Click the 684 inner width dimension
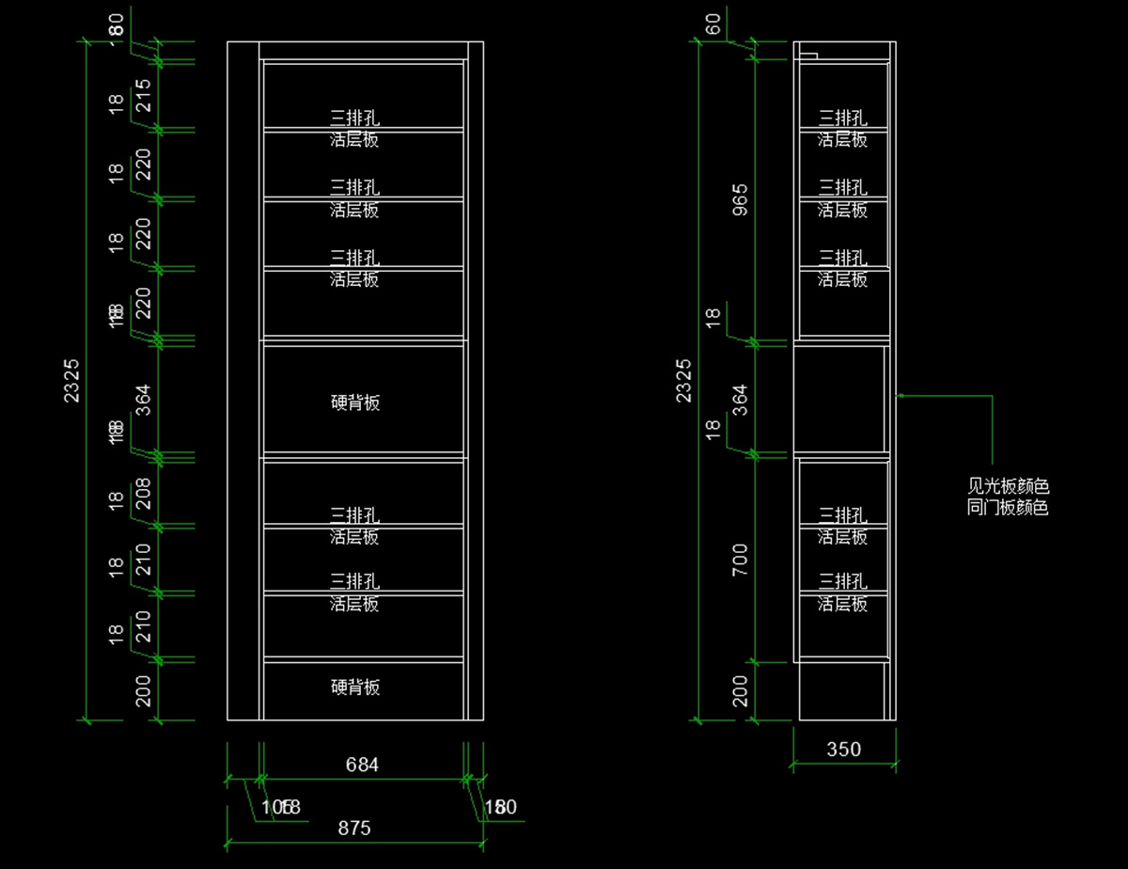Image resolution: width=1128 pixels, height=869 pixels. tap(362, 765)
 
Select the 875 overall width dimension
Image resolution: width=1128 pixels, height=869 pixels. tap(354, 828)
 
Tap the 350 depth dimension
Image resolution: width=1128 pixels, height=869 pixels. tap(843, 750)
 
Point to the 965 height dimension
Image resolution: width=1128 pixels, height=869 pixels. tap(740, 200)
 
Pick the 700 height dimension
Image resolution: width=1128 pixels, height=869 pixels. tap(740, 560)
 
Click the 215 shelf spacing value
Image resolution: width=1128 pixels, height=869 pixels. tap(143, 95)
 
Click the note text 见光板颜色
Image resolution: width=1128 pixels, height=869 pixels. tap(1008, 487)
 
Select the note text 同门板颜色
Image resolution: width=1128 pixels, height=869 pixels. tap(1008, 508)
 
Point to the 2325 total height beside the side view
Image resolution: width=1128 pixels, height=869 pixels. tap(683, 380)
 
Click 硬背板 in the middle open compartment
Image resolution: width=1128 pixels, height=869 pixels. tap(356, 403)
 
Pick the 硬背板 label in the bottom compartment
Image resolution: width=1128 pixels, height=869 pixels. tap(356, 687)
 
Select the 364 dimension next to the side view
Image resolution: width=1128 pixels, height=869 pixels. tap(740, 401)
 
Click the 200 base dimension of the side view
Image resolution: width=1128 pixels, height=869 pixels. tap(740, 690)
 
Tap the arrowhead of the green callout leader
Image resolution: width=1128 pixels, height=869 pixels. tap(900, 396)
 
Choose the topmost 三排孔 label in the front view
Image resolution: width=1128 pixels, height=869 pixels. tap(354, 118)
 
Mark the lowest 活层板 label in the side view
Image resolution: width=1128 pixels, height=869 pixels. tap(842, 604)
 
